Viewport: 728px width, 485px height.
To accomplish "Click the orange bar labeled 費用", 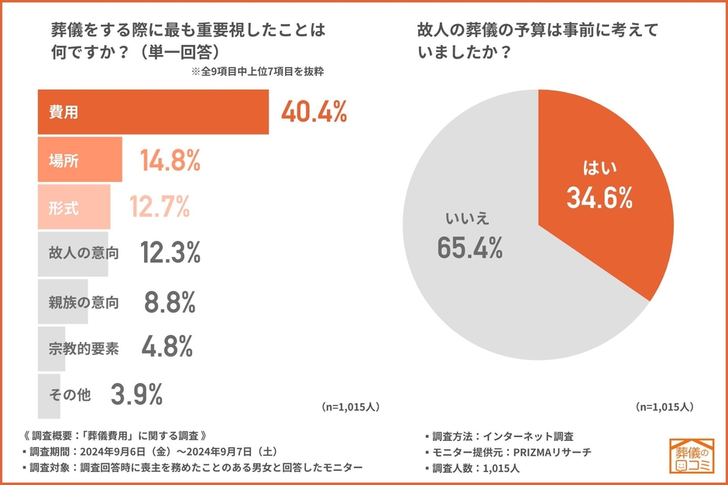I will point(153,112).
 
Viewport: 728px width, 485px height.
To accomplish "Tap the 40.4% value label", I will point(313,112).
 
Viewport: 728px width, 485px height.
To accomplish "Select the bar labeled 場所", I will point(80,160).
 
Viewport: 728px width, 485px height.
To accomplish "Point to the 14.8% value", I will point(170,160).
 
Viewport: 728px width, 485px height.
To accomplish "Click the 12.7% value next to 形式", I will point(160,207).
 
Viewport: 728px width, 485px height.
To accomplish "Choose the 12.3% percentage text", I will point(170,253).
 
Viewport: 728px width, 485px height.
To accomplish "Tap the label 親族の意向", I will point(83,302).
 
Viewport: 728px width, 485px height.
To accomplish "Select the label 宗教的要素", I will point(83,348).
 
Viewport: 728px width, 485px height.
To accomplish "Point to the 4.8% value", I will point(167,348).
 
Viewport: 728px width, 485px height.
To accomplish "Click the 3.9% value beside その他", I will point(136,394).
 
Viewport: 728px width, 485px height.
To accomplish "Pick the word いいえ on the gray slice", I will point(469,217).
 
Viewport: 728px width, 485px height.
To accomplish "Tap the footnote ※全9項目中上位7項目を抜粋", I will point(256,72).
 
